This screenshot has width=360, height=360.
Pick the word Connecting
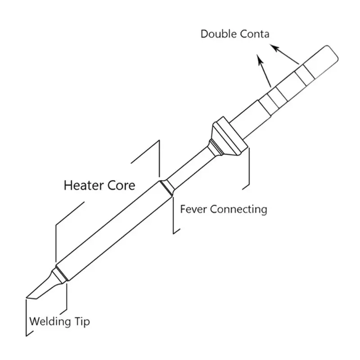click(239, 210)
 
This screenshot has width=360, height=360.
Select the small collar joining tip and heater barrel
click(60, 274)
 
